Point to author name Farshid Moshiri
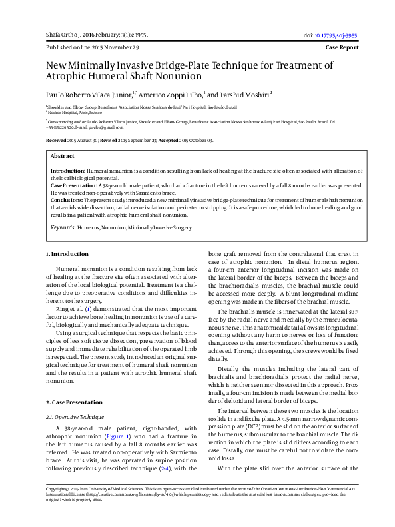coord(246,95)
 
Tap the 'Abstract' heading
coord(63,155)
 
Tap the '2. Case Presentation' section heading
coord(75,403)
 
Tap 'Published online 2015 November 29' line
coord(93,49)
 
